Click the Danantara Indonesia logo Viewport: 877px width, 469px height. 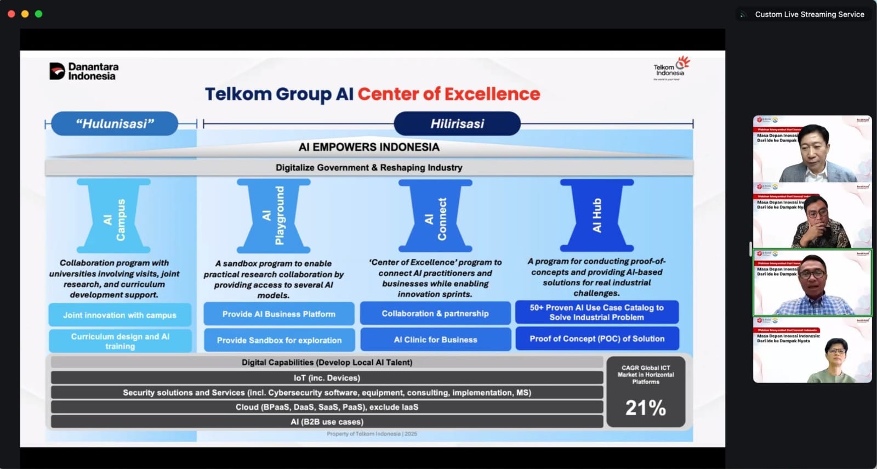84,71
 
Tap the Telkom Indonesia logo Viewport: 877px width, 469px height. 671,69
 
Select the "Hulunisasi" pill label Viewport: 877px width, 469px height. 115,123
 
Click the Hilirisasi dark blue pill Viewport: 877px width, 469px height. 457,123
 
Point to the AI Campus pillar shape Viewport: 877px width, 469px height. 113,216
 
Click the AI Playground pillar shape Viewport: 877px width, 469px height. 274,216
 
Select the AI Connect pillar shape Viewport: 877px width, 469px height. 435,216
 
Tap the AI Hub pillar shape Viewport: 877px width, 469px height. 596,215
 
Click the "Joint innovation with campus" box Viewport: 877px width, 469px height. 119,315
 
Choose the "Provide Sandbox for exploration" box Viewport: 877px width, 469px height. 279,340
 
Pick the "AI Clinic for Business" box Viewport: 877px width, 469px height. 435,340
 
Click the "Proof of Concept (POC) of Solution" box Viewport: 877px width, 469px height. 597,338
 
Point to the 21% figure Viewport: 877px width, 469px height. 646,408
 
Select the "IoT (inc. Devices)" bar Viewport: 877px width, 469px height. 327,378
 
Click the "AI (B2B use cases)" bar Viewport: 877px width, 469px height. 327,422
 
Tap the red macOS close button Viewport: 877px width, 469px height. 12,14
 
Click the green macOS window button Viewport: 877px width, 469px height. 38,14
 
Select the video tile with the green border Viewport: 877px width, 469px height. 812,283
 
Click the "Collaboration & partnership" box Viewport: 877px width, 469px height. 435,313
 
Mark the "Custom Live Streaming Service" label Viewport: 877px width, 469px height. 809,14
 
